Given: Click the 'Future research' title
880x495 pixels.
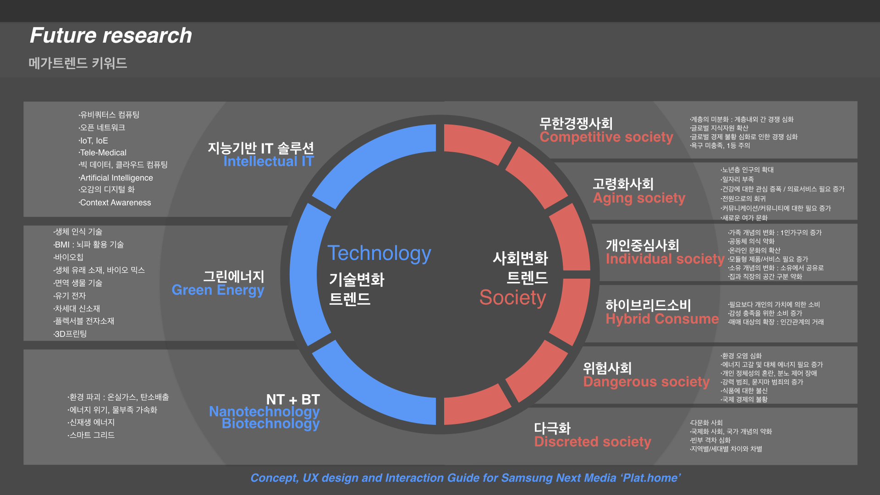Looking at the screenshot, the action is [x=111, y=35].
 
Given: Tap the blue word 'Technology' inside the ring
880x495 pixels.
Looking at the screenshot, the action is [x=379, y=253].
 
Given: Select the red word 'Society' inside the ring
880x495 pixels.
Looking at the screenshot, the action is [x=512, y=298].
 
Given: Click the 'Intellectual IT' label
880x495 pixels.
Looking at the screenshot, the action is [x=269, y=161].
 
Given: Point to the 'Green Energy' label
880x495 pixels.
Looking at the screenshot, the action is [x=218, y=291].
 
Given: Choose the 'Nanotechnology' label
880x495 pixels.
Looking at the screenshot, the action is [x=264, y=412].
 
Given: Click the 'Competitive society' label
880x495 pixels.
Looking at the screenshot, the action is [x=606, y=137].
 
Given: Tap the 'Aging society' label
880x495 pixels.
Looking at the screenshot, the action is [x=639, y=198].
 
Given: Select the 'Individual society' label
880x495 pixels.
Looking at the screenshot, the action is [x=665, y=259].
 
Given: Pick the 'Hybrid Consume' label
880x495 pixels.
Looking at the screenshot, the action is [x=662, y=319].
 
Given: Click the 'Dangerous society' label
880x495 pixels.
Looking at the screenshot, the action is [x=646, y=382].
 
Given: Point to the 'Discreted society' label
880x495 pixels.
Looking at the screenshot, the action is [x=593, y=442].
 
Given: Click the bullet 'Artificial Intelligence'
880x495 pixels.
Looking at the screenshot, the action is [x=116, y=178].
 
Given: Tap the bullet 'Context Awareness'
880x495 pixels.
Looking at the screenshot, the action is [x=115, y=203].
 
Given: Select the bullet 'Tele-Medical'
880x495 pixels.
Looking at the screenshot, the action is [x=102, y=153].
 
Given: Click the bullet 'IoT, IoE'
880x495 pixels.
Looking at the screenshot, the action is [x=93, y=141].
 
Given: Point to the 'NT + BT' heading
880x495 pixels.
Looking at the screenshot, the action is [x=293, y=400].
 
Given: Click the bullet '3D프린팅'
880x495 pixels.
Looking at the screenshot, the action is [x=70, y=334].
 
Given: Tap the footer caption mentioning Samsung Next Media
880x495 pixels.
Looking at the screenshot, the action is [x=465, y=478].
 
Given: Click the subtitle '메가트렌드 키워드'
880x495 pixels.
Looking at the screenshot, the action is [x=78, y=63].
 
